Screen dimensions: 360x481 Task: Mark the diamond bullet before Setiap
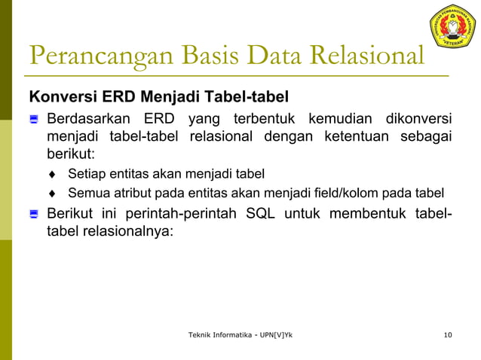53,175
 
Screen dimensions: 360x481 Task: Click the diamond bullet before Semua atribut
53,193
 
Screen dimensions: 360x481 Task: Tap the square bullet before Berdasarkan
33,120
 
